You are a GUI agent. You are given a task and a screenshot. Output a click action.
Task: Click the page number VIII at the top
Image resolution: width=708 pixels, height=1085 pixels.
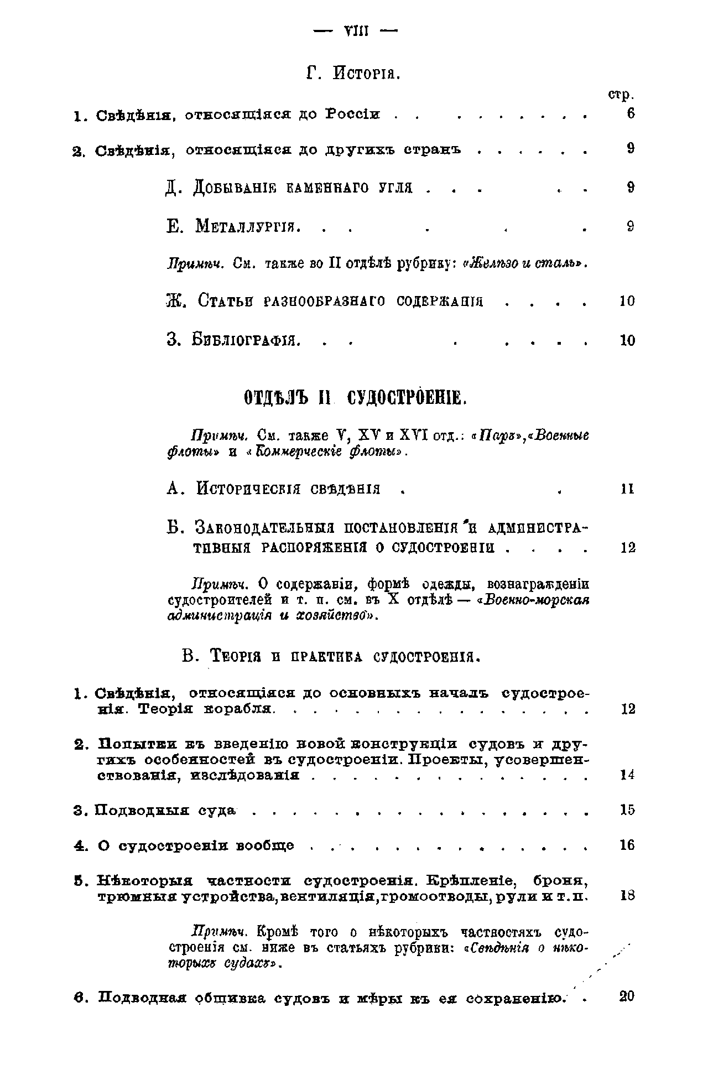click(x=356, y=30)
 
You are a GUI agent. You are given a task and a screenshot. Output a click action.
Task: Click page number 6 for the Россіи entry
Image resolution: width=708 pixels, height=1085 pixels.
click(x=631, y=114)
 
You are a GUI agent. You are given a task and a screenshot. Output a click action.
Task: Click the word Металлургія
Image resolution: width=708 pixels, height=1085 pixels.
click(x=248, y=226)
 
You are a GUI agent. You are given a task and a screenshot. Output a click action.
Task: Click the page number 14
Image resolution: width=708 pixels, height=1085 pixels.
click(x=627, y=775)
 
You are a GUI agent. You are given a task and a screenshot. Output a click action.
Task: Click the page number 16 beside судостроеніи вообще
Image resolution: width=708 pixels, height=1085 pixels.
click(x=627, y=845)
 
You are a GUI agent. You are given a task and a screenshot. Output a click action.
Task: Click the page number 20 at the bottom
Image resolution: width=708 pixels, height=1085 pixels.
click(x=627, y=996)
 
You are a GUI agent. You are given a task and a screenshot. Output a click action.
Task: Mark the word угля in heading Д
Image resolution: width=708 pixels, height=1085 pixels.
click(x=395, y=188)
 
